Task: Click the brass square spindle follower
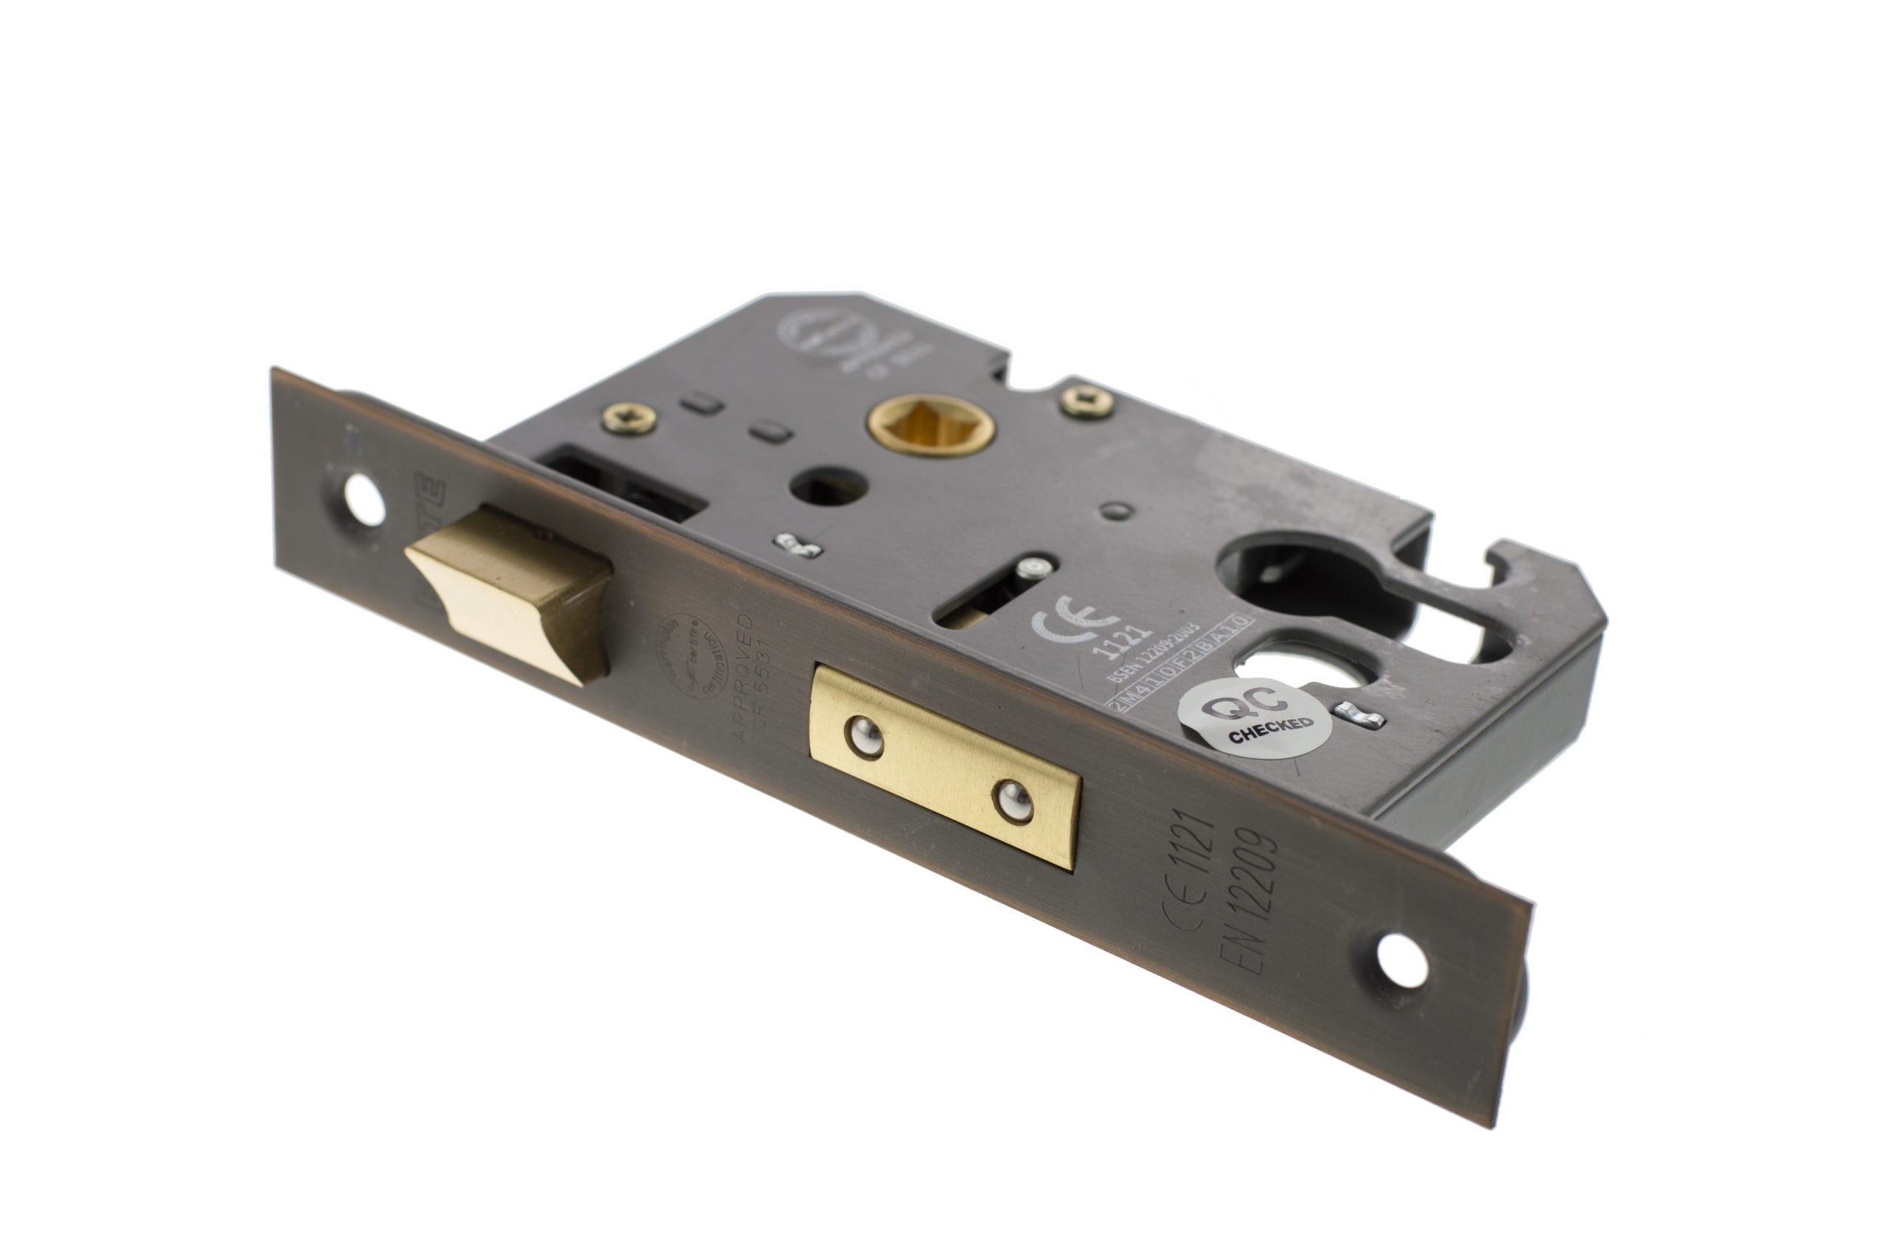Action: pos(931,424)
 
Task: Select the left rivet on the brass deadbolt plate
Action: pos(865,738)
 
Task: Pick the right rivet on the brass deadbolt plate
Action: pos(1014,801)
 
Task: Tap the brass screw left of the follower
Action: pos(629,418)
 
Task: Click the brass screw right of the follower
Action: pos(1087,402)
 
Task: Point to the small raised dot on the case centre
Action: pos(1117,511)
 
